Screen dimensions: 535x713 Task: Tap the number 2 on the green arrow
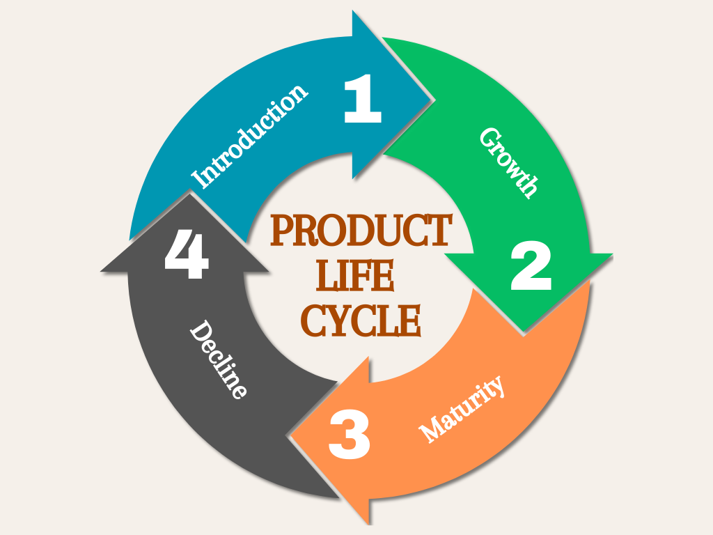tap(531, 268)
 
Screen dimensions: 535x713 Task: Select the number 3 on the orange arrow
tap(350, 435)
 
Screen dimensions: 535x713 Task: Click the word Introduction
tap(250, 137)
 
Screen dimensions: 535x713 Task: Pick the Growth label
tap(509, 162)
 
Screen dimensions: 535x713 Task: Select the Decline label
tap(219, 359)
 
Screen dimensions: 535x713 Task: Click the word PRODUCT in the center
tap(361, 231)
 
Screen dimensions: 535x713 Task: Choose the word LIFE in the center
tap(355, 277)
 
